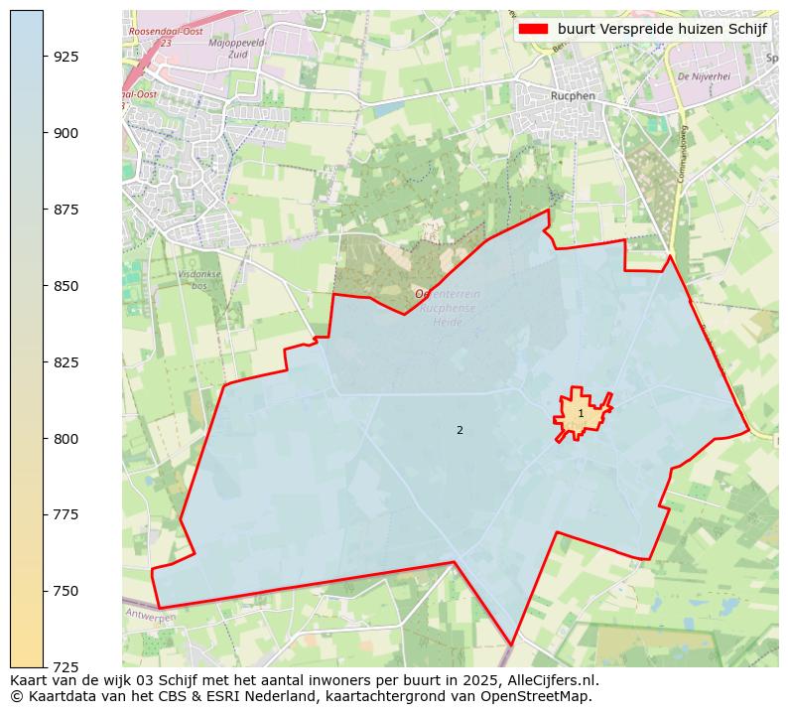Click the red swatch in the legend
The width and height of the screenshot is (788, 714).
point(534,29)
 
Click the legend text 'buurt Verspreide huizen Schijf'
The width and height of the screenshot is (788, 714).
point(662,29)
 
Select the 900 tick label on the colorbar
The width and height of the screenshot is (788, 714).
point(66,133)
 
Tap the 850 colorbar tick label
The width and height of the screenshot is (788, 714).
point(66,286)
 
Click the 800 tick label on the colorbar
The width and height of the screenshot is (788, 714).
point(66,439)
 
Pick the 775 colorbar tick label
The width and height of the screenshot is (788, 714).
point(66,514)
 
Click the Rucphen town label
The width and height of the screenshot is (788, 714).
point(571,96)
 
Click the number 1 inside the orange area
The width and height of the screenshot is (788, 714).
point(581,413)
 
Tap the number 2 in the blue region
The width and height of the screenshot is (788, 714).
point(460,430)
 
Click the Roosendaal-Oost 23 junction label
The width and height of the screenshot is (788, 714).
point(165,37)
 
